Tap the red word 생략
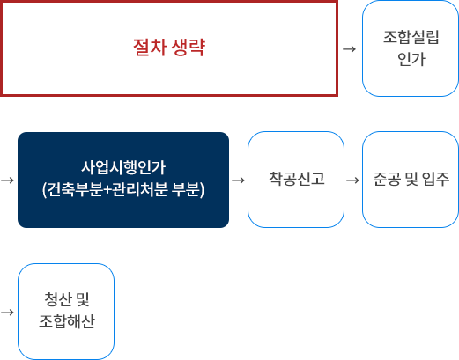(x=188, y=47)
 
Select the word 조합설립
(x=411, y=37)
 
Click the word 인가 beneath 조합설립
(x=411, y=59)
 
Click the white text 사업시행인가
(x=123, y=167)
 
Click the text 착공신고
(x=297, y=179)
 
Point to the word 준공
(x=387, y=179)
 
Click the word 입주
(x=435, y=179)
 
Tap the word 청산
(x=58, y=299)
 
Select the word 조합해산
(x=67, y=321)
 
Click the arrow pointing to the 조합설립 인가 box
(x=349, y=49)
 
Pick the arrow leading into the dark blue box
(x=7, y=180)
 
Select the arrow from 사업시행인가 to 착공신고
(x=238, y=180)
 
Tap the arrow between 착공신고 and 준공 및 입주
(x=352, y=180)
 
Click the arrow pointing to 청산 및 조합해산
(x=7, y=312)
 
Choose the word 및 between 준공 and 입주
(x=411, y=179)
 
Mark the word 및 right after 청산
(x=83, y=299)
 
